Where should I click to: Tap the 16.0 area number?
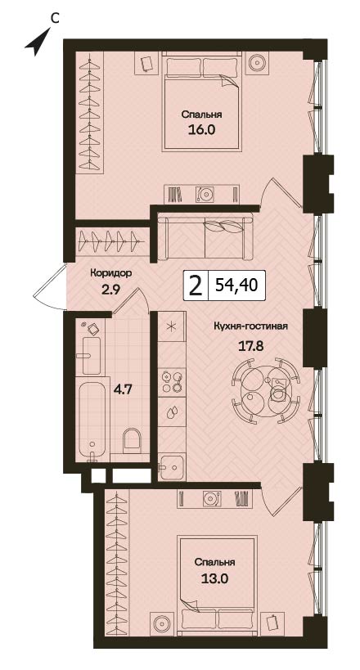coord(200,130)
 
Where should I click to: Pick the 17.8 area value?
coord(250,345)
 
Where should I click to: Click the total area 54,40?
coord(236,285)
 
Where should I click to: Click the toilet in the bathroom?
coord(131,442)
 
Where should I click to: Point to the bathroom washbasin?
coord(92,356)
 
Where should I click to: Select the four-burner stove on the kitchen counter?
coord(171,381)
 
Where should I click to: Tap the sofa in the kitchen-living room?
coord(205,238)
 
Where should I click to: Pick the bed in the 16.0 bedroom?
coord(201,101)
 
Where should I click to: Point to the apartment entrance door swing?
coord(50,286)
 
